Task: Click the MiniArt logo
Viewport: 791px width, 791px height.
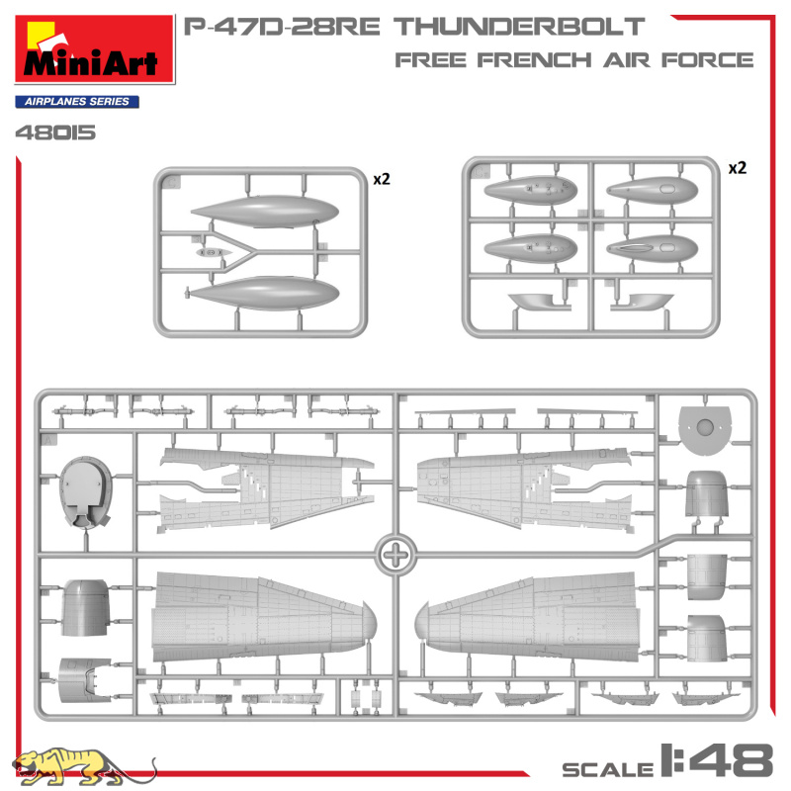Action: pyautogui.click(x=95, y=48)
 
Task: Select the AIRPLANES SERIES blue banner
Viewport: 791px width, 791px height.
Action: pyautogui.click(x=77, y=102)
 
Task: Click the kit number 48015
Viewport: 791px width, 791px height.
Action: pyautogui.click(x=55, y=132)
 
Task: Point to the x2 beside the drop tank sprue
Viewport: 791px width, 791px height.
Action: pyautogui.click(x=382, y=179)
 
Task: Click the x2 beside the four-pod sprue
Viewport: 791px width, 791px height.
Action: pyautogui.click(x=737, y=168)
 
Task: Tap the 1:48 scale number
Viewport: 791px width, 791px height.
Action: pyautogui.click(x=716, y=759)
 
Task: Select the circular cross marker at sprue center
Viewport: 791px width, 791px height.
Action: pyautogui.click(x=397, y=555)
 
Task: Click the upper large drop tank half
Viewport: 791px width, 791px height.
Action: pyautogui.click(x=265, y=212)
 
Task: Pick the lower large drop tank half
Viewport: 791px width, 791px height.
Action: pyautogui.click(x=264, y=293)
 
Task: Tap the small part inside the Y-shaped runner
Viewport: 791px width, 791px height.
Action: pyautogui.click(x=214, y=252)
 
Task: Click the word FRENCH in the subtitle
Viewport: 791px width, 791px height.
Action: pyautogui.click(x=534, y=60)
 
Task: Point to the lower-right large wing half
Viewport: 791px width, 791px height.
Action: pyautogui.click(x=526, y=616)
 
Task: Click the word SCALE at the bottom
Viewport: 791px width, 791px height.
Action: pyautogui.click(x=608, y=770)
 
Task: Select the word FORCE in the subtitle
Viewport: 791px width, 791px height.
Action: pyautogui.click(x=707, y=60)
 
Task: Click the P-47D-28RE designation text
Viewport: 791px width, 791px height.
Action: pyautogui.click(x=282, y=27)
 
